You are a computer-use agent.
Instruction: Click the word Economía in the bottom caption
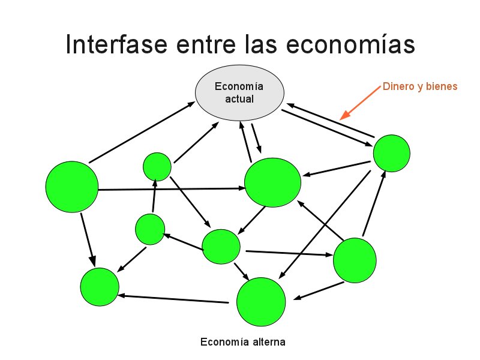[222, 343]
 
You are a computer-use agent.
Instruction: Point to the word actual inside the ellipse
[239, 99]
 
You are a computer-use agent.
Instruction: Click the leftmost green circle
[72, 187]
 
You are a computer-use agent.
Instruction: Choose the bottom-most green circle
[261, 302]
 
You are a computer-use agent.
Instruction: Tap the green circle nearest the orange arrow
[392, 153]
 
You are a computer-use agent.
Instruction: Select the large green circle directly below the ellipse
[272, 182]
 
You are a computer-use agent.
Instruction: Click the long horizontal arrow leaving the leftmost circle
[171, 189]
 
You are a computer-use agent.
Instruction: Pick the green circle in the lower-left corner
[100, 287]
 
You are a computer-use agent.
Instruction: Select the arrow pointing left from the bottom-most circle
[174, 299]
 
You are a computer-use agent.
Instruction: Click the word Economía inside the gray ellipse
[239, 86]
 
